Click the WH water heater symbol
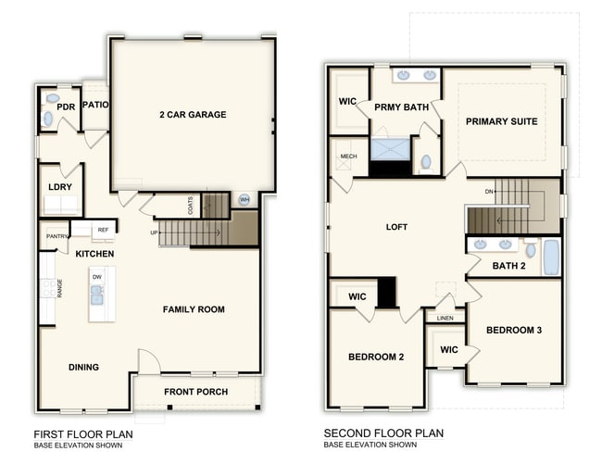(x=245, y=199)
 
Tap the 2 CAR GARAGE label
(x=193, y=115)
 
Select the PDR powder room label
(x=66, y=107)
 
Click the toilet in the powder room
(x=48, y=119)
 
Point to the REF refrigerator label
(x=103, y=230)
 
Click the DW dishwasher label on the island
(x=97, y=277)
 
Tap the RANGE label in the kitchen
(x=59, y=288)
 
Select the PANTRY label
(x=56, y=236)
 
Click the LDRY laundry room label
(x=60, y=187)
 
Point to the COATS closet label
(x=191, y=206)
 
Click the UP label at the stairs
(x=154, y=232)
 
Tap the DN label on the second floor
(x=489, y=191)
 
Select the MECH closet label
(x=348, y=157)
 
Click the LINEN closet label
(x=445, y=318)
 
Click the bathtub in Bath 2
(x=551, y=257)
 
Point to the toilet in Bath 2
(x=531, y=247)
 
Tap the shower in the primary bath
(x=390, y=149)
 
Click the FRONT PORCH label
(x=195, y=392)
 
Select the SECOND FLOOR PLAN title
(x=383, y=433)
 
